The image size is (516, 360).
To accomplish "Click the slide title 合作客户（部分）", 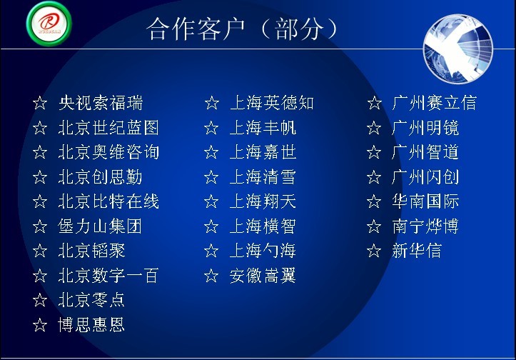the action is point(242,29).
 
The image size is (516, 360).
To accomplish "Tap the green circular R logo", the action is point(49,23).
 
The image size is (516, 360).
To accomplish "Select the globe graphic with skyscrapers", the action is point(457,49).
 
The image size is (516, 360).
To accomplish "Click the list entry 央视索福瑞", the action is point(101,103).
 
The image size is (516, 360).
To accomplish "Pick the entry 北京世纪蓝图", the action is point(108,128).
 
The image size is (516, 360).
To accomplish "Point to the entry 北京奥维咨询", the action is point(108,152).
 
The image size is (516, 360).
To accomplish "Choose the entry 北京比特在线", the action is point(108,201).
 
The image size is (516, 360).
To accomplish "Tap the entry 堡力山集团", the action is point(100,226).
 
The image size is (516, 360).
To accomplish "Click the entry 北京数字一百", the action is point(108,276).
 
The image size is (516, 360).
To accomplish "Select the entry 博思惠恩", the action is point(91,325).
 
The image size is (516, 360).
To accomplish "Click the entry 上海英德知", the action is point(272,103).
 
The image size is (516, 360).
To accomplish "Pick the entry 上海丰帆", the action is point(263,128).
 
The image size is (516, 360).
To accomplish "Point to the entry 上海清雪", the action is point(263,177).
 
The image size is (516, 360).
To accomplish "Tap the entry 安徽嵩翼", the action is point(263,276).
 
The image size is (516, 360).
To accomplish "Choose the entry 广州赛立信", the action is point(435,103).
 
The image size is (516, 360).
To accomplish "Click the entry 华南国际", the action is point(425,201).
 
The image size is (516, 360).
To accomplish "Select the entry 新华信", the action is point(417,251).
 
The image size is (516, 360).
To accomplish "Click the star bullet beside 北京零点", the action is point(40,300).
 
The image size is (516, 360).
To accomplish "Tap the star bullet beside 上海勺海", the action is point(211,251).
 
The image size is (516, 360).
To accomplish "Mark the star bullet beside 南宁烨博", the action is point(374,226).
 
